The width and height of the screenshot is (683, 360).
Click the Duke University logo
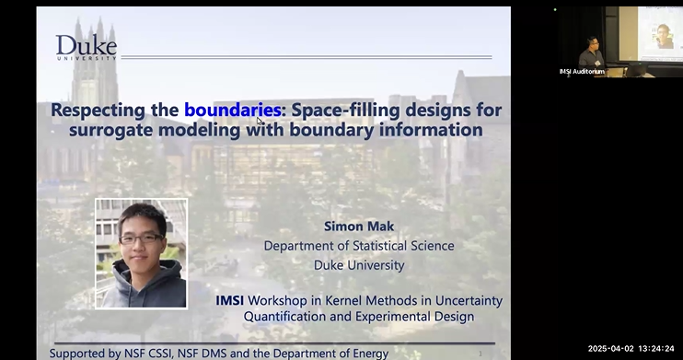[x=86, y=47]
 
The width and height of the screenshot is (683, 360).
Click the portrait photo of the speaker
[x=142, y=253]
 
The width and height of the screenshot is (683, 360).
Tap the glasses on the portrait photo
[x=140, y=239]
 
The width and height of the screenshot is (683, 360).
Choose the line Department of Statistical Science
[x=359, y=246]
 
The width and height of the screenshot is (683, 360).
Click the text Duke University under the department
[x=358, y=265]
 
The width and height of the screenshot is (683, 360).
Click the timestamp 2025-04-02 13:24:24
[x=632, y=349]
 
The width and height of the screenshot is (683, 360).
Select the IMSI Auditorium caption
[x=583, y=71]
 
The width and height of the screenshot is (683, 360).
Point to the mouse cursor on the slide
[x=260, y=121]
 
